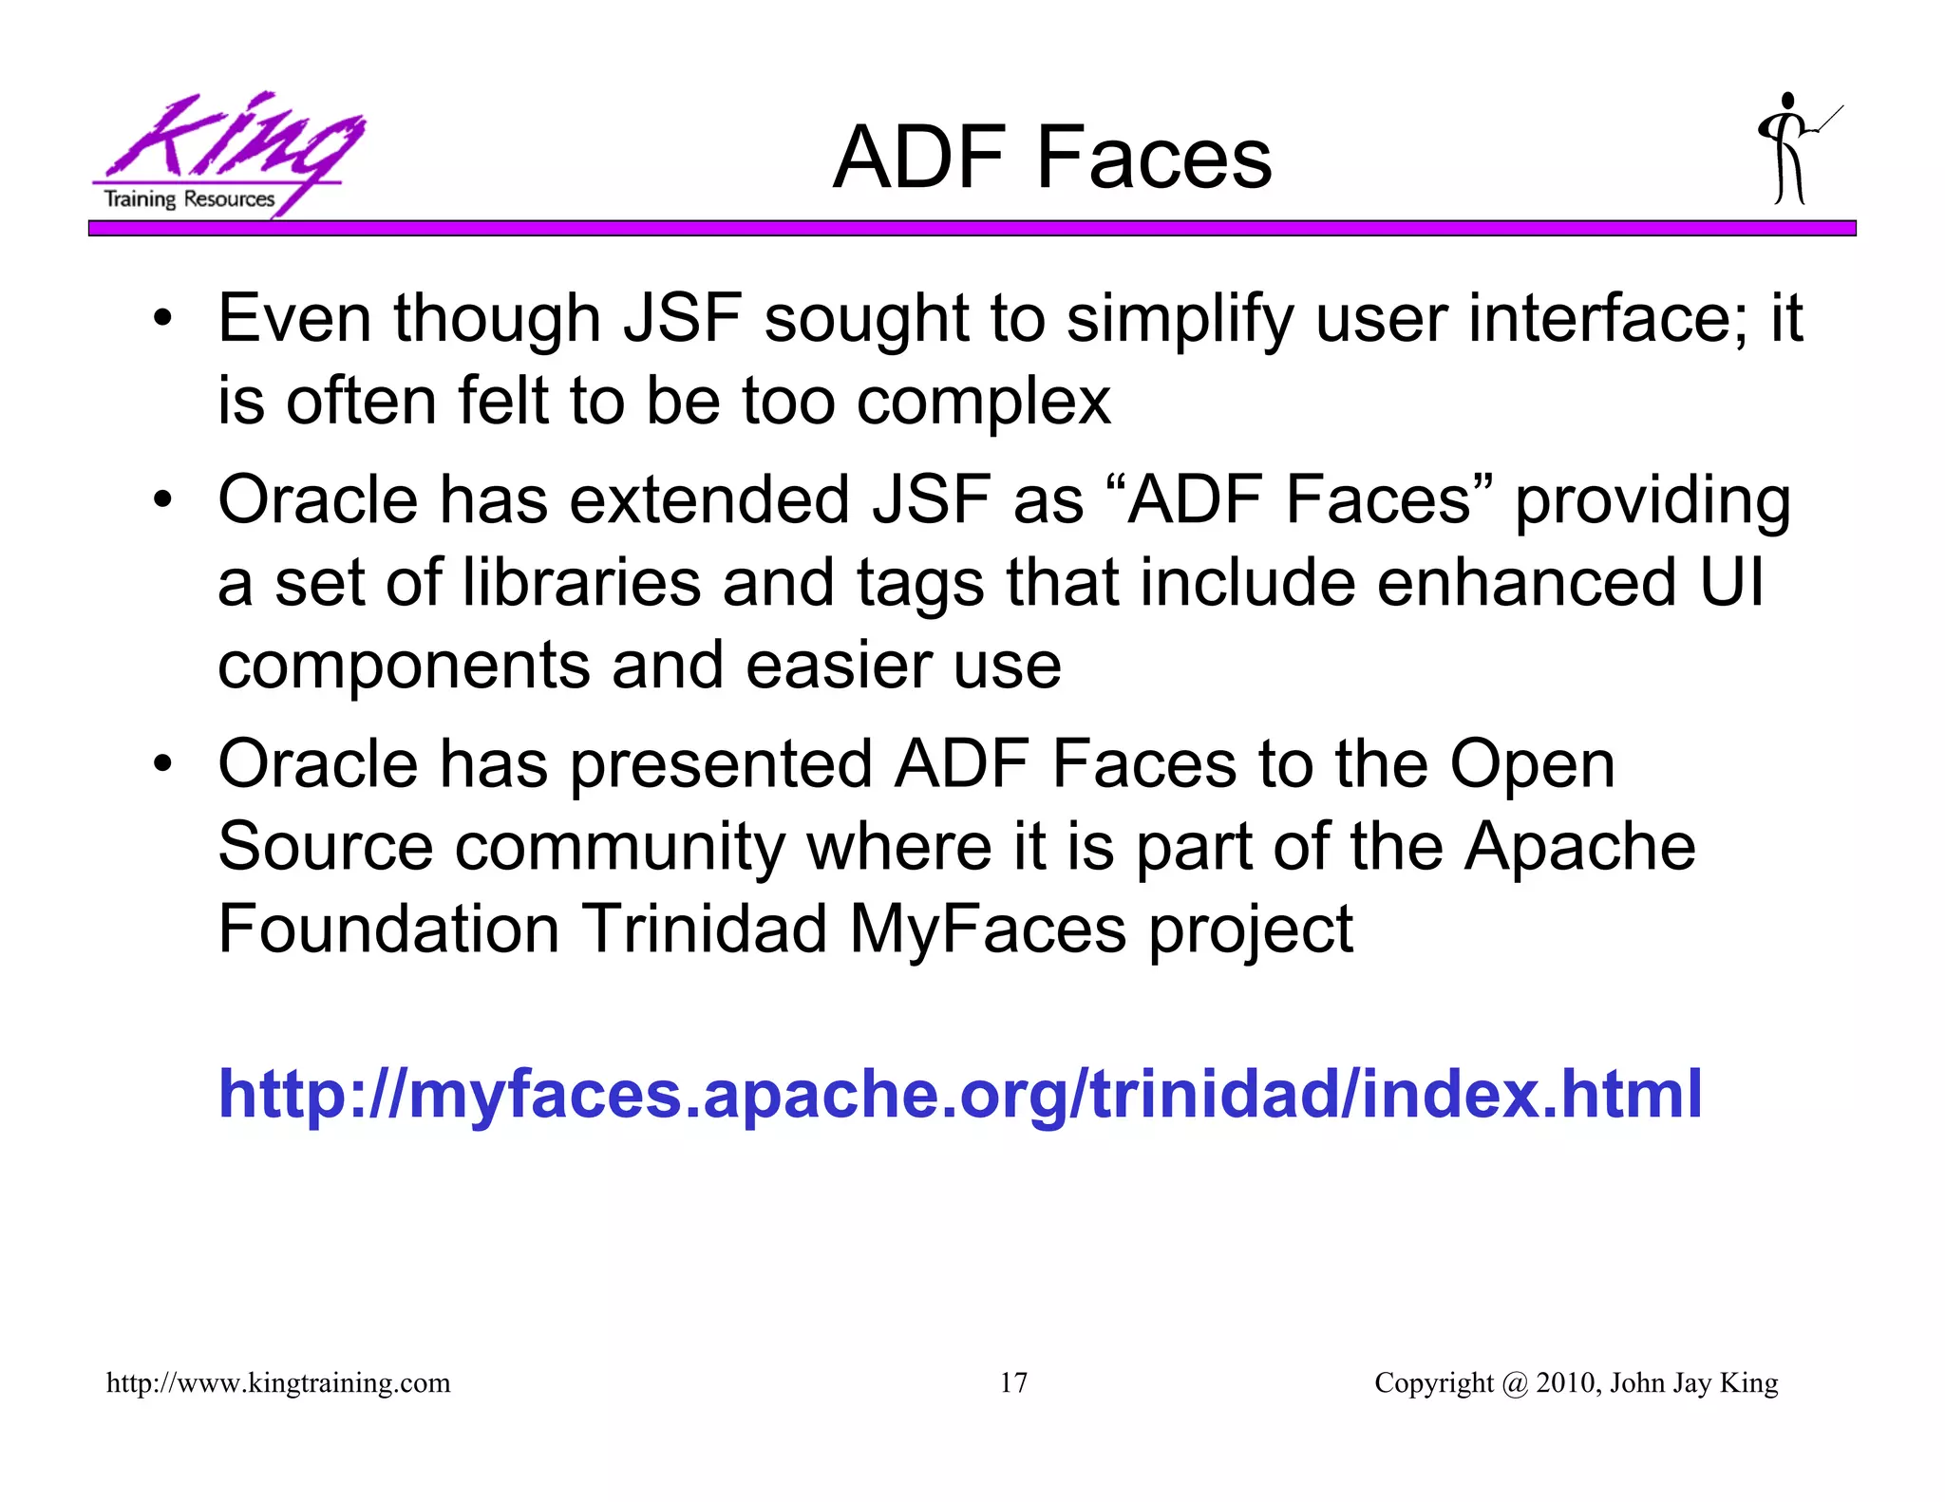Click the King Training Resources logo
228,154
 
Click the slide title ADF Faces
1051,158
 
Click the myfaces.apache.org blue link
959,1094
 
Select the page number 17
1013,1382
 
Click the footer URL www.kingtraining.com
278,1382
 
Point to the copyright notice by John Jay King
1576,1382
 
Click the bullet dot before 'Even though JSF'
163,319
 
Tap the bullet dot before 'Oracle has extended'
163,500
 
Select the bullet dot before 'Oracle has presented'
163,764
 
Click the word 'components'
404,667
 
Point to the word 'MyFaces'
988,930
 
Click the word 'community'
619,848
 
